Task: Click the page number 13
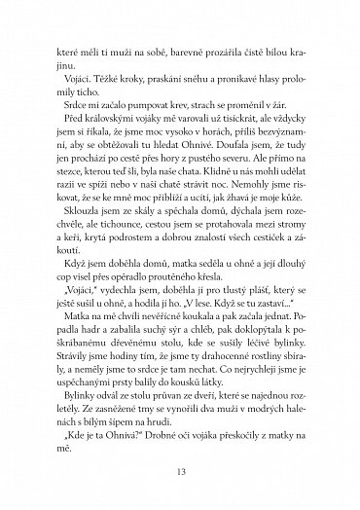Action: coord(180,472)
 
